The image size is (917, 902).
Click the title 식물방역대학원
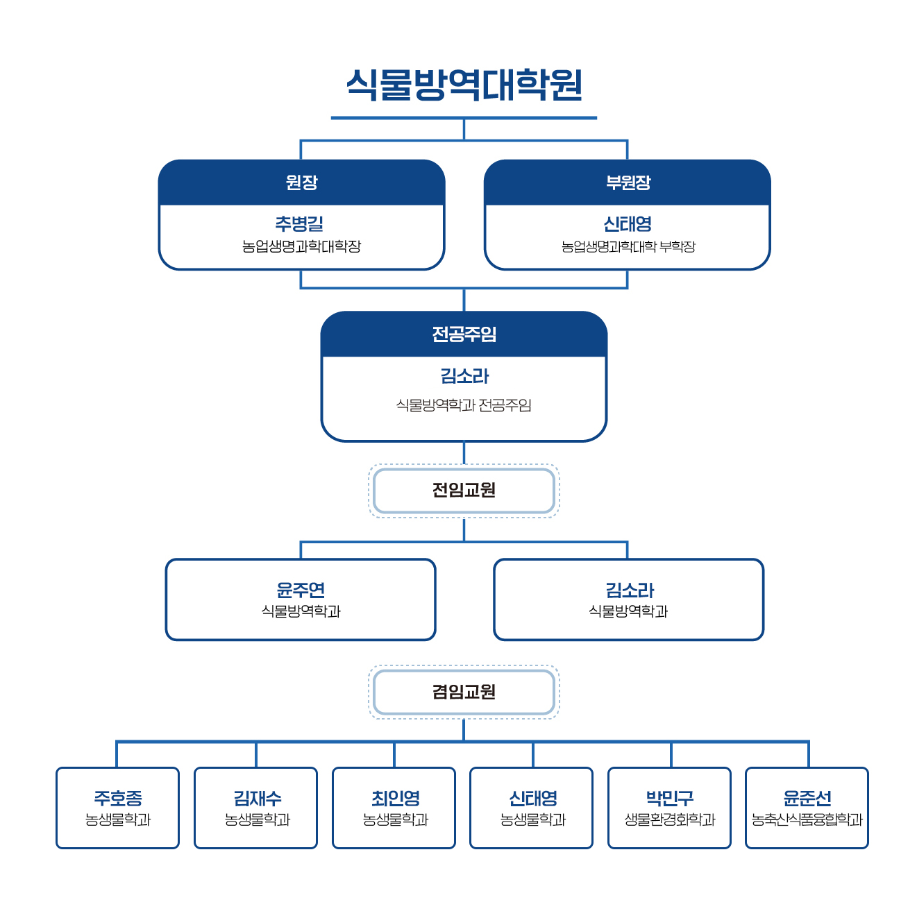coord(464,85)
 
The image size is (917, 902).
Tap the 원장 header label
coord(301,182)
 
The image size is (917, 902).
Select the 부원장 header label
coord(628,182)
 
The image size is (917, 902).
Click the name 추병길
coord(300,224)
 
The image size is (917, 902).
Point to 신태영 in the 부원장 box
coord(628,224)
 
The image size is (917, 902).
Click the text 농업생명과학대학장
coord(301,246)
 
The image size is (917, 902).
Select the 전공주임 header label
coord(464,334)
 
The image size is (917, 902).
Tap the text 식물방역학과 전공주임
coord(464,405)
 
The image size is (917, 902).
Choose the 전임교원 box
coord(464,491)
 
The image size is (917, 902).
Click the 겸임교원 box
coord(464,692)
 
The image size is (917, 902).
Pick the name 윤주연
coord(301,590)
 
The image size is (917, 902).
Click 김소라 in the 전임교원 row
coord(629,590)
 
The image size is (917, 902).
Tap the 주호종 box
coord(118,808)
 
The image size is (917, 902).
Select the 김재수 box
coord(256,808)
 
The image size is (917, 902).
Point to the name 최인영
coord(395,798)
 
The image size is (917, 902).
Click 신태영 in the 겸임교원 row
coord(532,798)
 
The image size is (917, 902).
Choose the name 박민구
coord(670,798)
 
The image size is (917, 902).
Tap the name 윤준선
coord(807,798)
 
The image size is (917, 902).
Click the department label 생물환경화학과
coord(670,820)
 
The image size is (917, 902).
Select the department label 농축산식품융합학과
coord(807,820)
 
